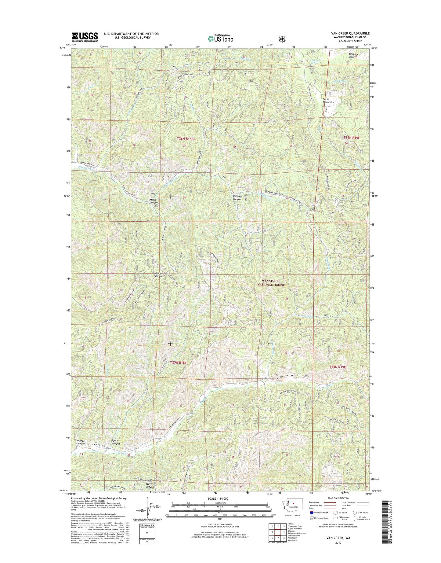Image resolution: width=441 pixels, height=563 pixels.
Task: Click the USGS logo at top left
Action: pyautogui.click(x=85, y=37)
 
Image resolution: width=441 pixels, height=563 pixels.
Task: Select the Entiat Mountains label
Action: pyautogui.click(x=328, y=101)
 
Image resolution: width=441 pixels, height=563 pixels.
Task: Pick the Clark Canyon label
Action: pyautogui.click(x=159, y=275)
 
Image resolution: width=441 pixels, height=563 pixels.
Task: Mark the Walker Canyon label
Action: pyautogui.click(x=81, y=442)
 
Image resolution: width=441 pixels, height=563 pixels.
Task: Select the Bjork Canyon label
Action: pyautogui.click(x=116, y=442)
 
